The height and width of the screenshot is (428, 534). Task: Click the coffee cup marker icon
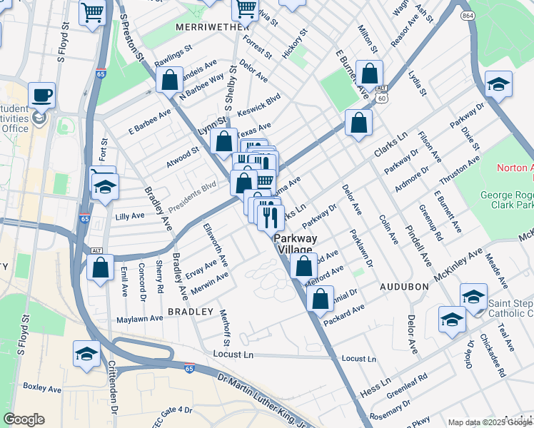(42, 96)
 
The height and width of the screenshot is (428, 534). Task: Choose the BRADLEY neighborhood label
(191, 312)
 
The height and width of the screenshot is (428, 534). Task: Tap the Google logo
(24, 419)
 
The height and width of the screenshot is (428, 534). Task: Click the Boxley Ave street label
(42, 389)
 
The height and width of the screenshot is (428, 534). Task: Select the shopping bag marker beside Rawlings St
(170, 81)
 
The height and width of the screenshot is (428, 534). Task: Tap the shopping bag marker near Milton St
(369, 73)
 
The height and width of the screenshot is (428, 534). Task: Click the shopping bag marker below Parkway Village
(304, 267)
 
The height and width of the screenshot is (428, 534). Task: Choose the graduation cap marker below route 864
(498, 85)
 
